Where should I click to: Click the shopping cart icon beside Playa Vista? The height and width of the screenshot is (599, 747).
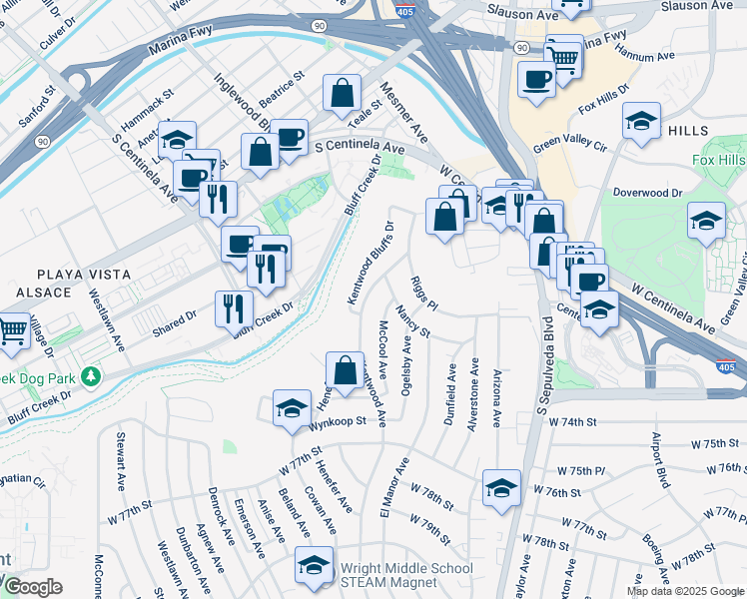click(x=13, y=328)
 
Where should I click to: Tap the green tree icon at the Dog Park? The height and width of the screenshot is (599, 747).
click(x=91, y=376)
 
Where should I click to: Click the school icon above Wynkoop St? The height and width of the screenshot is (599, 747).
click(x=292, y=409)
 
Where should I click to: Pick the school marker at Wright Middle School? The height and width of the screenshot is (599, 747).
click(x=314, y=566)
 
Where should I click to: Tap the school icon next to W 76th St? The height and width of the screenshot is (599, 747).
click(x=501, y=488)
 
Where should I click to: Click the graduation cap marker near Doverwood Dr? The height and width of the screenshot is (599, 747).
click(x=706, y=220)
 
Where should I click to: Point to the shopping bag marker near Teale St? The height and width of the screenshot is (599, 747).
click(x=342, y=94)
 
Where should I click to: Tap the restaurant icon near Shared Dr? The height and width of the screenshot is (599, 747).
click(x=234, y=308)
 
